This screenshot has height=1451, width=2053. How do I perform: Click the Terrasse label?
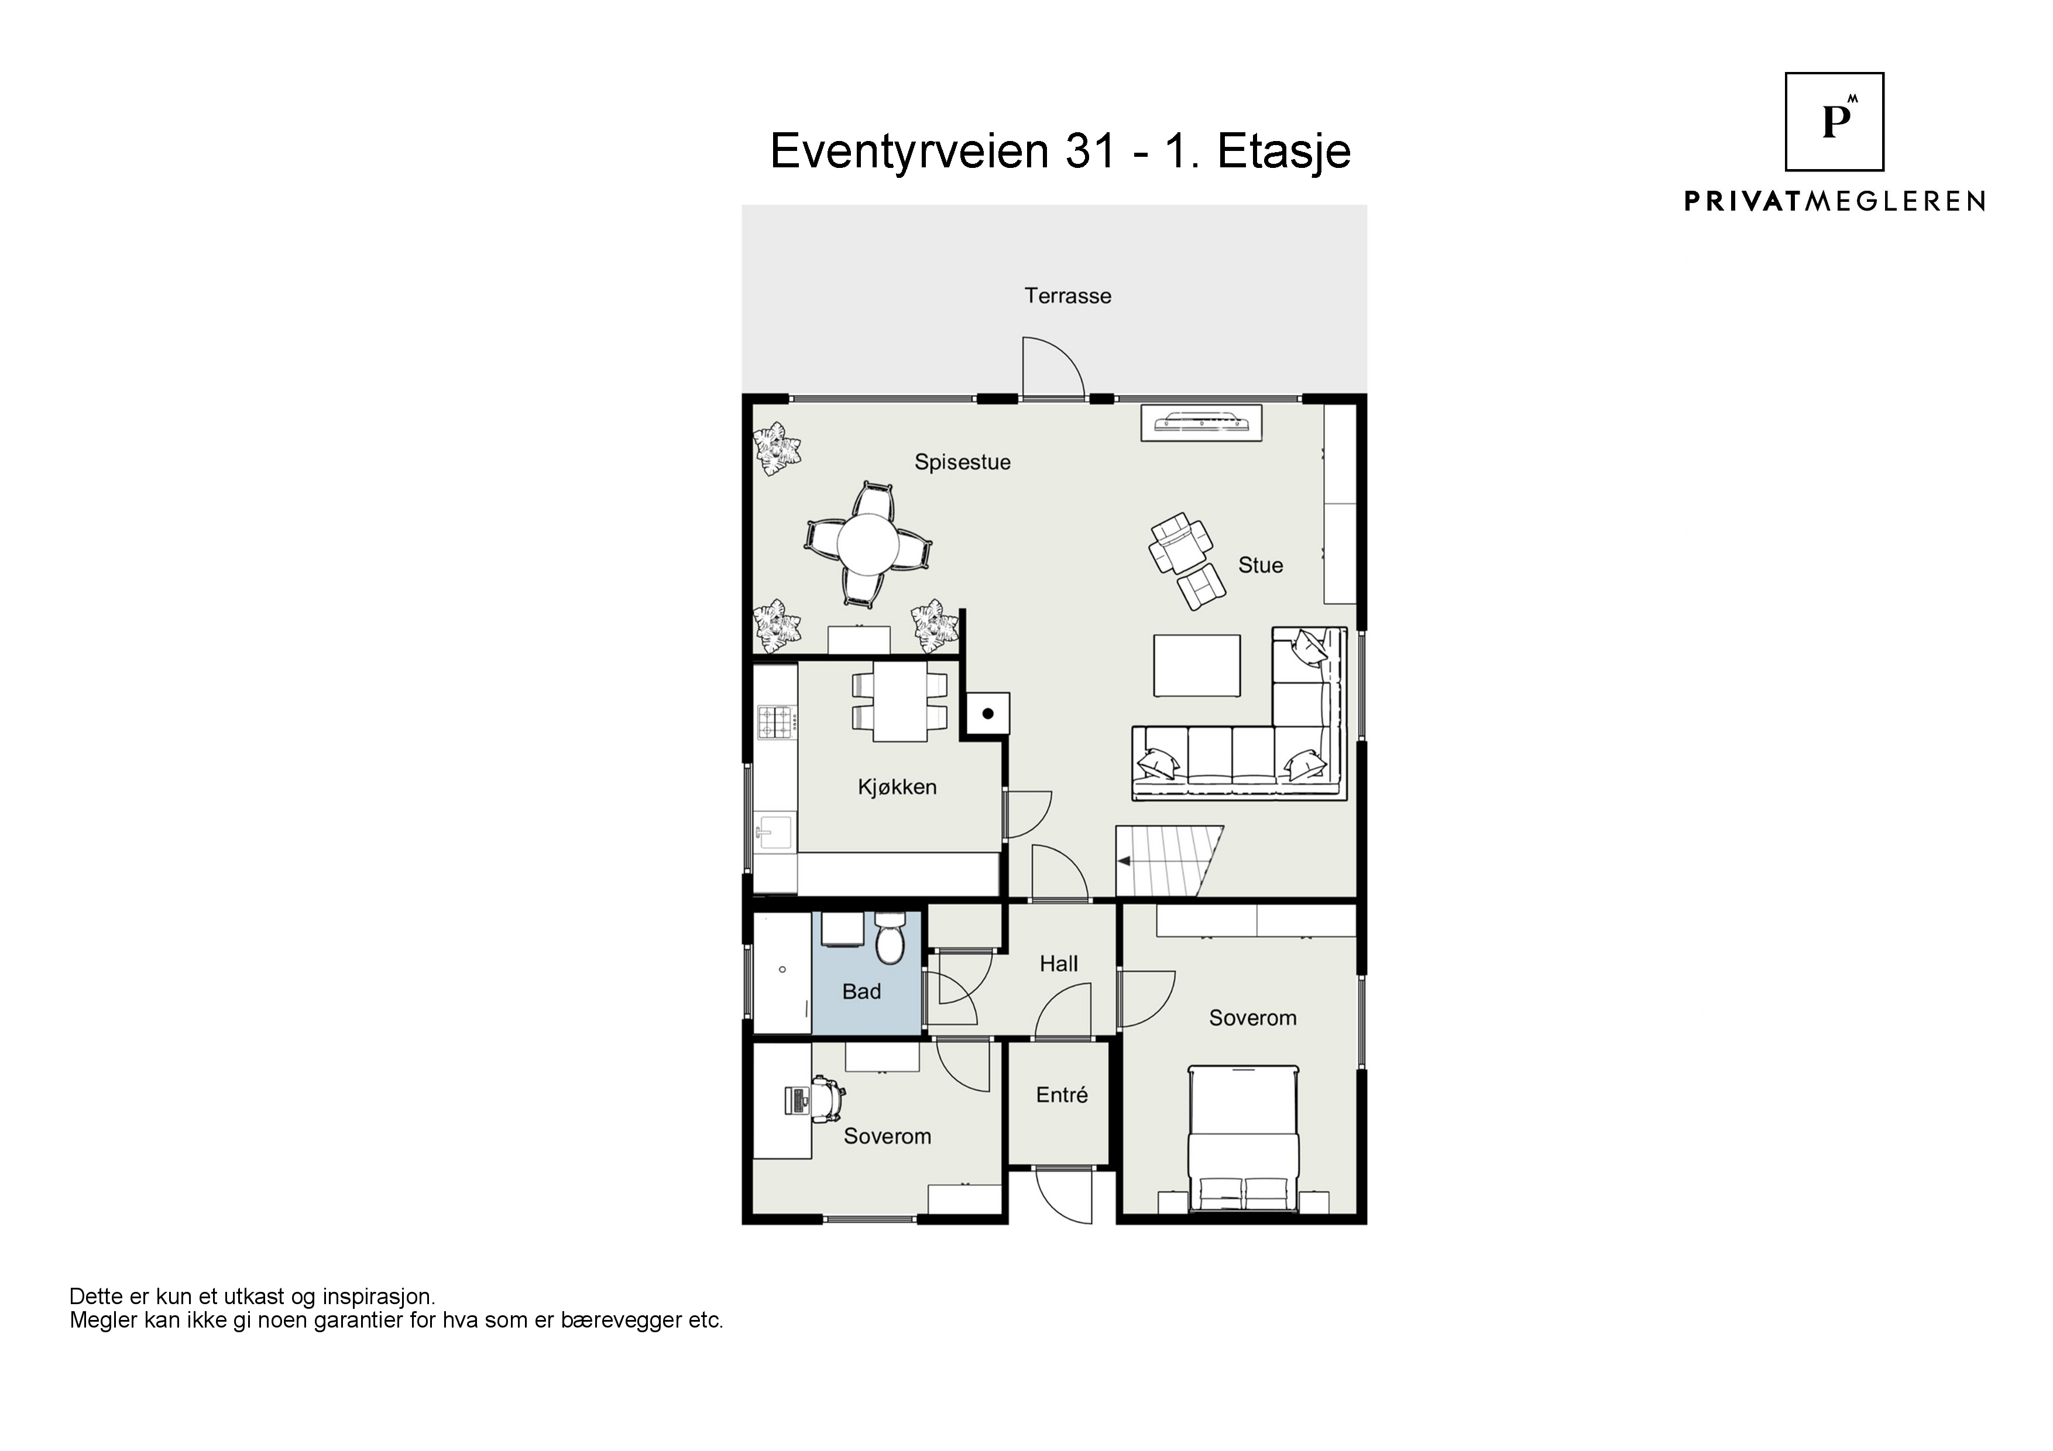coord(1067,296)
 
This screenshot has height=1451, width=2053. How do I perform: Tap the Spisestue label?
coord(962,462)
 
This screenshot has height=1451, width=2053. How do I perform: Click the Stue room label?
coord(1260,565)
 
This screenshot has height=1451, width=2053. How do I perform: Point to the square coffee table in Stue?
coord(1196,665)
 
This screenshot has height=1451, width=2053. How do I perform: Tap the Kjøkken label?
coord(897,788)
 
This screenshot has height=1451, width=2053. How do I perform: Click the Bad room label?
coord(861,992)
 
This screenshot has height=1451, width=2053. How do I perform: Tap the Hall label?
coord(1059,964)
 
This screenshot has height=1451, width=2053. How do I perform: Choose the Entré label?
coord(1062,1095)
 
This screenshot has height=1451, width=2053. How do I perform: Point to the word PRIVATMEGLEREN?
coord(1835,201)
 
